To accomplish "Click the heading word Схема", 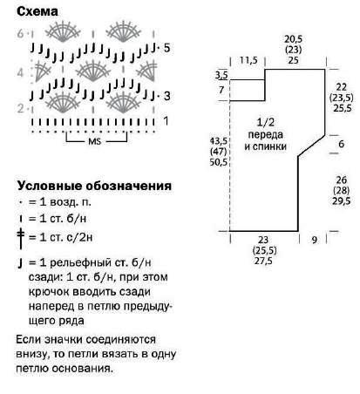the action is pyautogui.click(x=37, y=11).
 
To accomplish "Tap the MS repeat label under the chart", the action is pyautogui.click(x=94, y=141).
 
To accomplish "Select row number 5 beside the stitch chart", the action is pyautogui.click(x=166, y=48).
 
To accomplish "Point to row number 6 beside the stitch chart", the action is pyautogui.click(x=20, y=33).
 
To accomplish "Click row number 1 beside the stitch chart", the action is pyautogui.click(x=166, y=120).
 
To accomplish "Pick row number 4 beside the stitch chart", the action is pyautogui.click(x=20, y=72).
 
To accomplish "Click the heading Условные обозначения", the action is pyautogui.click(x=94, y=186).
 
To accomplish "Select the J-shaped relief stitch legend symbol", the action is pyautogui.click(x=20, y=263).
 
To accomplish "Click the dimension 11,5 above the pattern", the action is pyautogui.click(x=248, y=60).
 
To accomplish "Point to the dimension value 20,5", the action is pyautogui.click(x=293, y=39).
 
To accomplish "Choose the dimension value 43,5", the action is pyautogui.click(x=218, y=141).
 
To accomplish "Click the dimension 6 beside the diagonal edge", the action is pyautogui.click(x=341, y=144).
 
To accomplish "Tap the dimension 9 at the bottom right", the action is pyautogui.click(x=315, y=240).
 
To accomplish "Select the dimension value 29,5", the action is pyautogui.click(x=342, y=201).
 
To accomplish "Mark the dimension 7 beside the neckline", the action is pyautogui.click(x=221, y=90).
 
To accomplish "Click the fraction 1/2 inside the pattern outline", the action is pyautogui.click(x=266, y=122).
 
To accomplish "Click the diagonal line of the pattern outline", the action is pyautogui.click(x=311, y=146).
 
